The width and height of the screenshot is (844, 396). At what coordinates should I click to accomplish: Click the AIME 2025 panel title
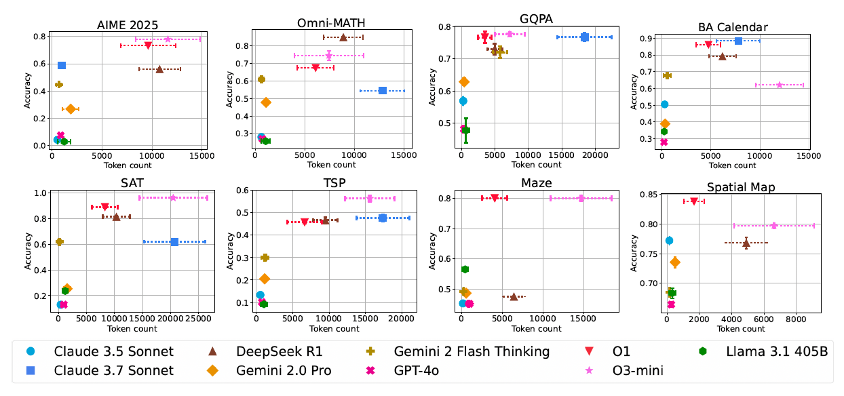[x=127, y=24]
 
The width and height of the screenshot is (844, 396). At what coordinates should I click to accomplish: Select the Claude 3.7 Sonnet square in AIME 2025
[x=62, y=65]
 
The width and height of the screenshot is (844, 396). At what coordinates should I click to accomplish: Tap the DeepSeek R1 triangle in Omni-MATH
[x=343, y=37]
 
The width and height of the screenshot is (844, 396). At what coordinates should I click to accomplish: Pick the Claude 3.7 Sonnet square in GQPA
[x=584, y=37]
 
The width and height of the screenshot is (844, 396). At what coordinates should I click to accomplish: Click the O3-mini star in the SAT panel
[x=173, y=197]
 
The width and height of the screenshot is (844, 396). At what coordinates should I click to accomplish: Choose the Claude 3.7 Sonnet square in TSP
[x=383, y=218]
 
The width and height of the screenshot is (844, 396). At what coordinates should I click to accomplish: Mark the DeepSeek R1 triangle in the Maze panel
[x=514, y=296]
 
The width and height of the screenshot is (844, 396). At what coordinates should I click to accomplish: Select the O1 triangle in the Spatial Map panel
[x=694, y=201]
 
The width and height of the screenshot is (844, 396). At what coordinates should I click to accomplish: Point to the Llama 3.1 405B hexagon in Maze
[x=465, y=269]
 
